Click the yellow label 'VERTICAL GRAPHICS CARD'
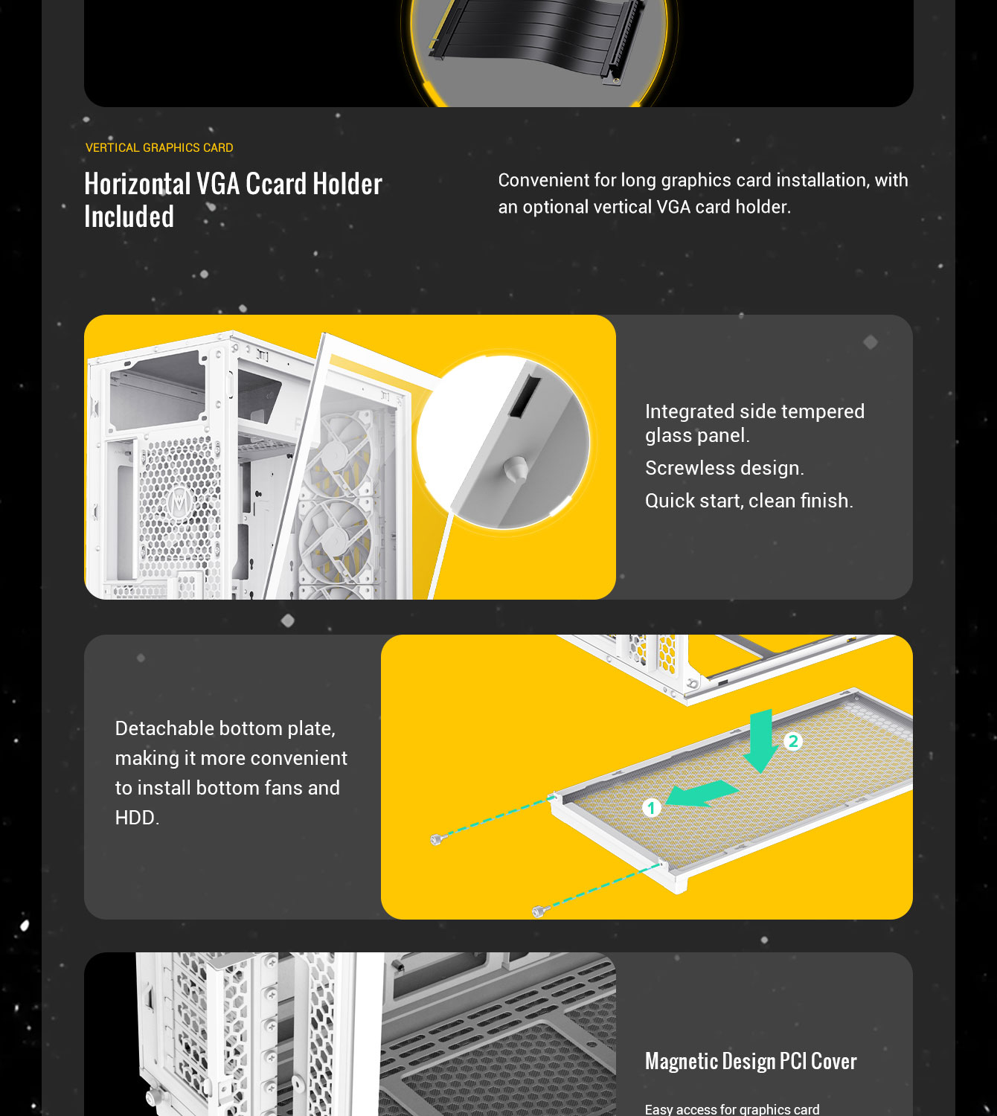pyautogui.click(x=159, y=147)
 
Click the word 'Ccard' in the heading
pyautogui.click(x=276, y=184)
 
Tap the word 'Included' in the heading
pyautogui.click(x=129, y=217)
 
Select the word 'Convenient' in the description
pyautogui.click(x=557, y=180)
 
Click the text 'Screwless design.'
pyautogui.click(x=725, y=468)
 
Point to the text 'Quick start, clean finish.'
pyautogui.click(x=749, y=501)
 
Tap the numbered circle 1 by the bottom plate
pyautogui.click(x=652, y=807)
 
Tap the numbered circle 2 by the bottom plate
pyautogui.click(x=793, y=742)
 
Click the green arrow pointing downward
pyautogui.click(x=761, y=741)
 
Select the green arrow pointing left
pyautogui.click(x=701, y=794)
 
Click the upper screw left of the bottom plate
pyautogui.click(x=438, y=839)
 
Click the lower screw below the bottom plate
pyautogui.click(x=540, y=911)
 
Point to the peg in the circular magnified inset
pyautogui.click(x=516, y=470)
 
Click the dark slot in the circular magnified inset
pyautogui.click(x=525, y=397)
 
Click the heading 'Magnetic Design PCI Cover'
pyautogui.click(x=751, y=1062)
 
